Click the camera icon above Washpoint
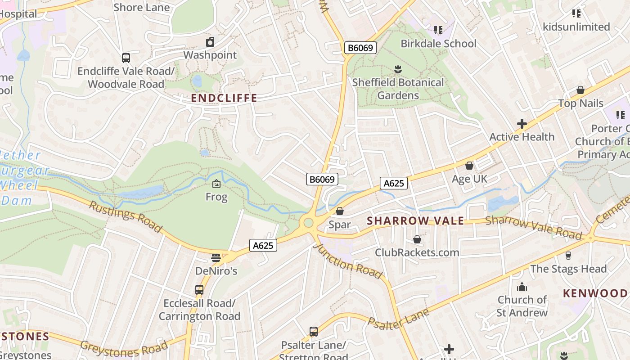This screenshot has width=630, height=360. pyautogui.click(x=210, y=42)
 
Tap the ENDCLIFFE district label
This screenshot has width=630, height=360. pyautogui.click(x=224, y=98)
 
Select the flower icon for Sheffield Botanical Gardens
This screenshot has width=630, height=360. pyautogui.click(x=398, y=69)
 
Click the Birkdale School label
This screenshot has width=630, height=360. pyautogui.click(x=438, y=44)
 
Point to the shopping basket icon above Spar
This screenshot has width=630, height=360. pyautogui.click(x=340, y=211)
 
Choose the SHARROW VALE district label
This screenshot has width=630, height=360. pyautogui.click(x=415, y=221)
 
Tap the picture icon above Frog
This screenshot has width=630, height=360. pyautogui.click(x=216, y=184)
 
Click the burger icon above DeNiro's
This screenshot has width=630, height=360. pyautogui.click(x=216, y=258)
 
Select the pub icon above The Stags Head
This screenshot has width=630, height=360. pyautogui.click(x=568, y=256)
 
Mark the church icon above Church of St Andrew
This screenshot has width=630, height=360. pyautogui.click(x=522, y=286)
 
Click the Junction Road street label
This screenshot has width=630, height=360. pyautogui.click(x=347, y=261)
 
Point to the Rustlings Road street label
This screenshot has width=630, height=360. pyautogui.click(x=125, y=217)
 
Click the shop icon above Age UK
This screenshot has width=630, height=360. pyautogui.click(x=469, y=166)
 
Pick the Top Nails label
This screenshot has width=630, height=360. pyautogui.click(x=580, y=103)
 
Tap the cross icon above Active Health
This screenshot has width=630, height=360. pyautogui.click(x=522, y=124)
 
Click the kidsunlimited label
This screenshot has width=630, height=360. pyautogui.click(x=576, y=27)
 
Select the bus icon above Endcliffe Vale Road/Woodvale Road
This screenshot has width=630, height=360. pyautogui.click(x=126, y=58)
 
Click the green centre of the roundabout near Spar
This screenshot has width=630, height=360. pyautogui.click(x=308, y=223)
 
